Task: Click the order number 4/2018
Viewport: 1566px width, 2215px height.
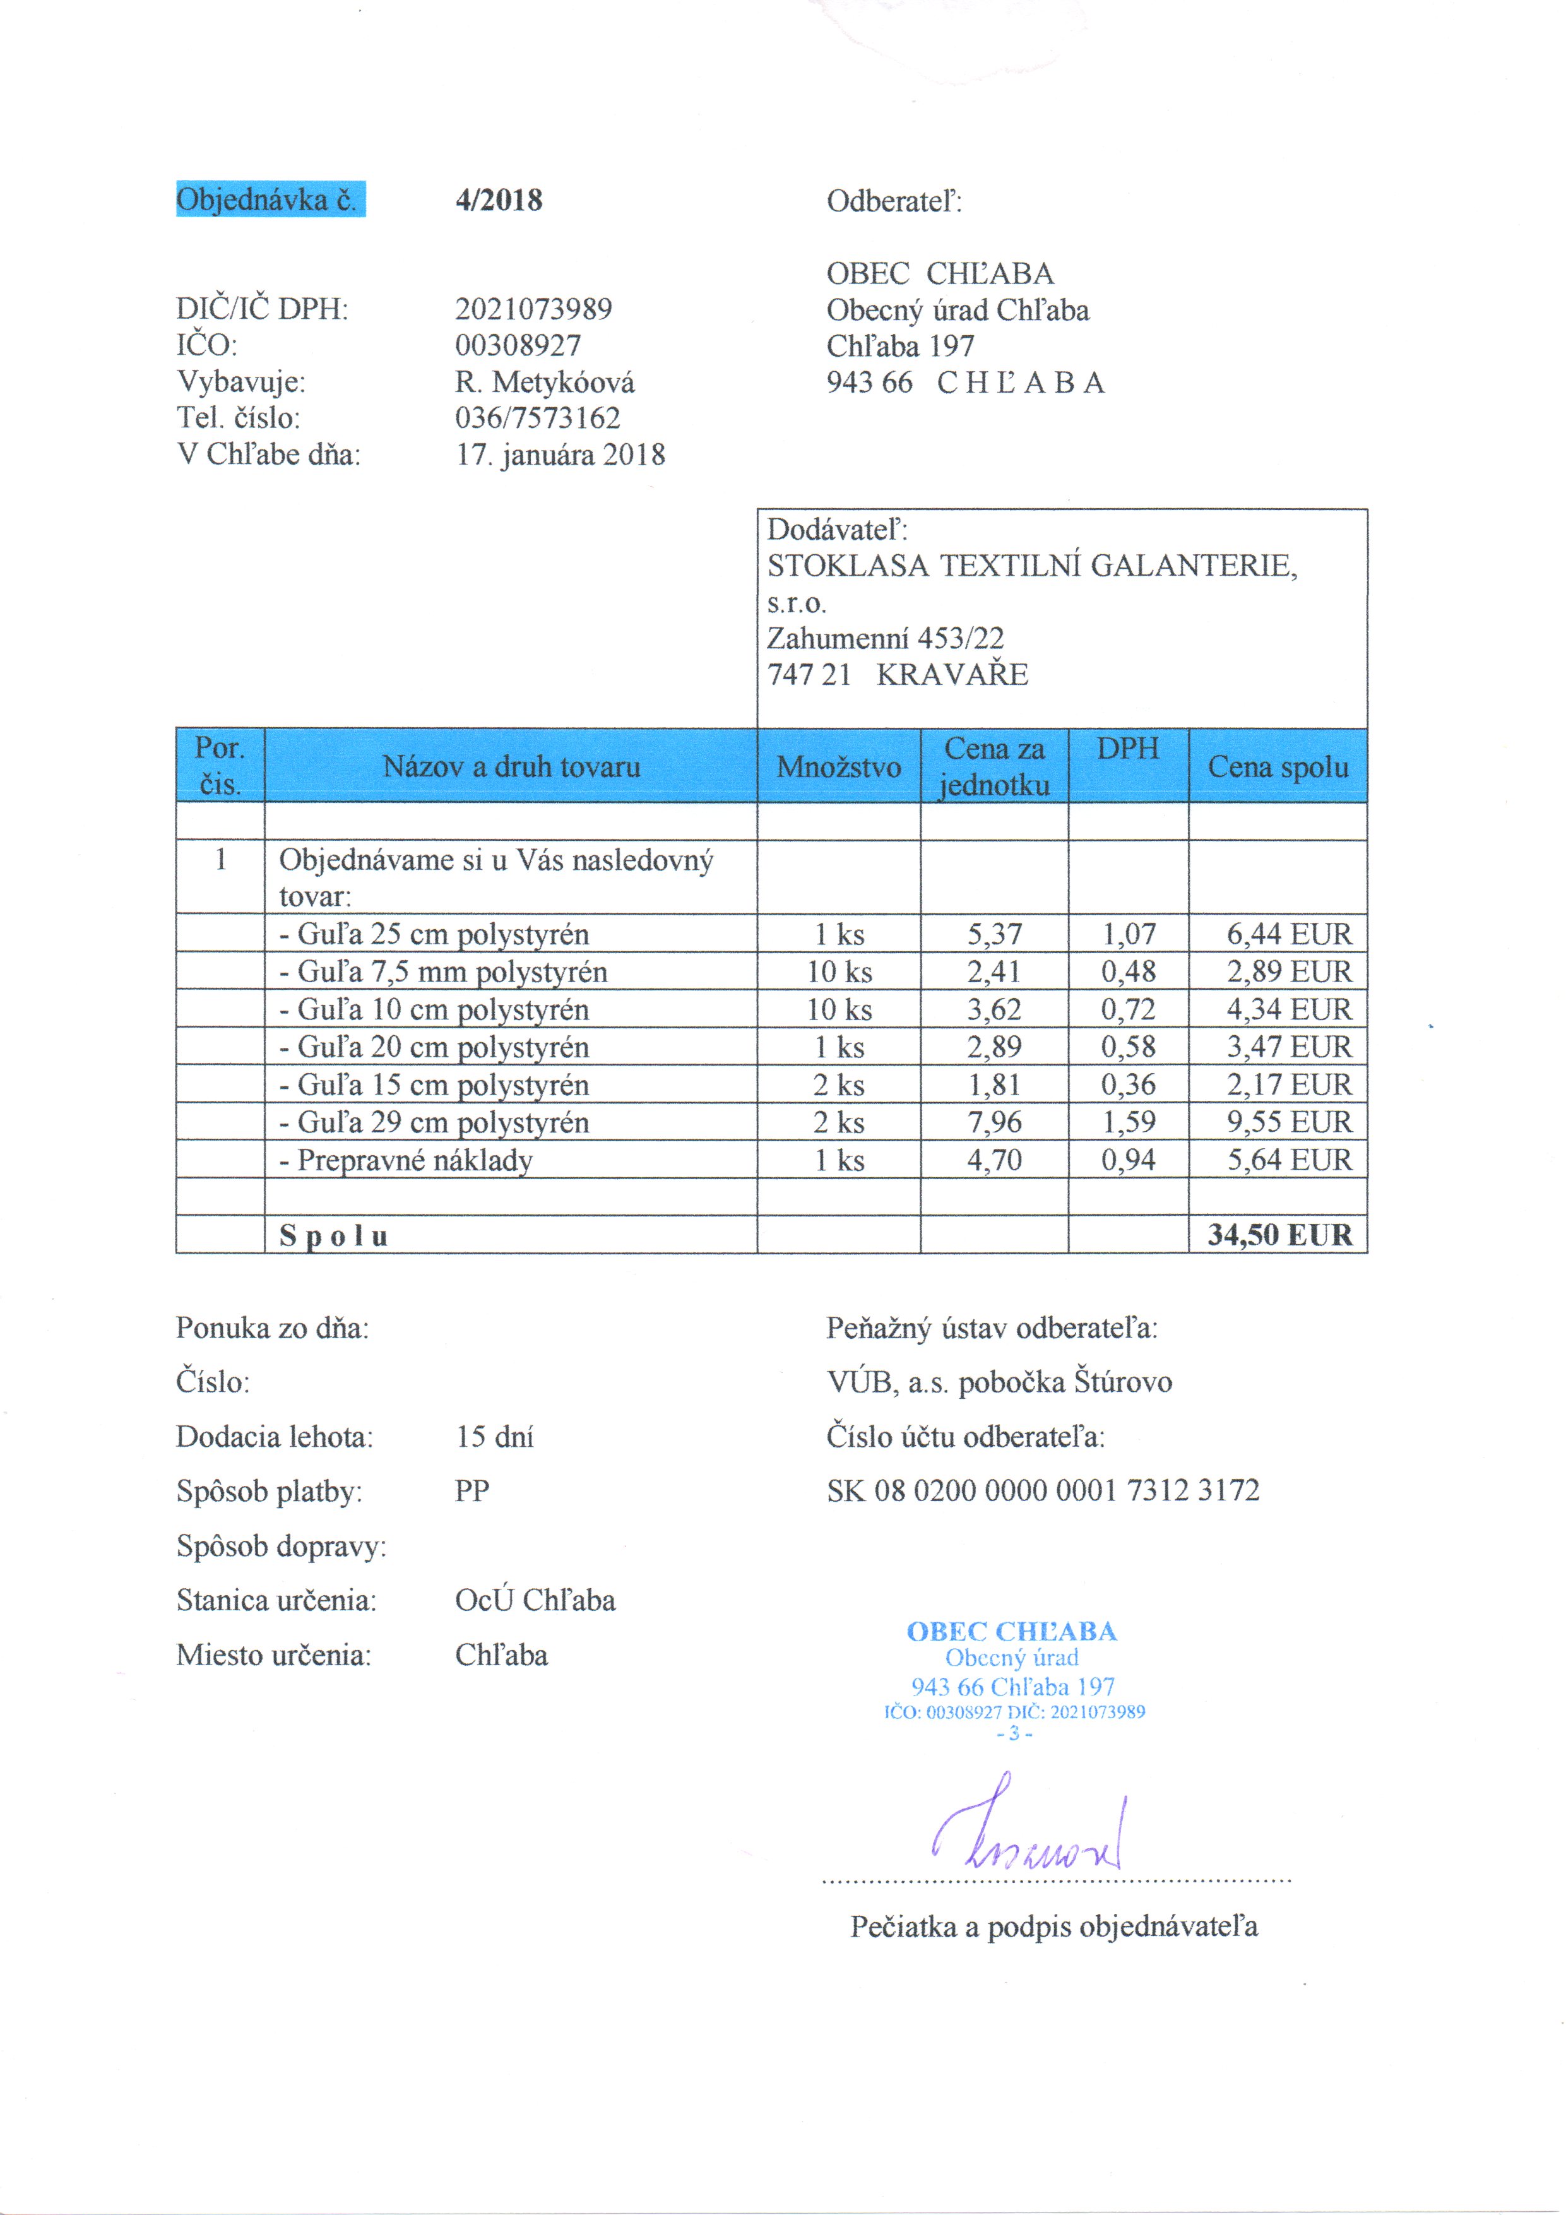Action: (498, 201)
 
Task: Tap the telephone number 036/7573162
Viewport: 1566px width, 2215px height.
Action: (537, 418)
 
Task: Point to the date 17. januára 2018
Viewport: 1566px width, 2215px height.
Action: (561, 454)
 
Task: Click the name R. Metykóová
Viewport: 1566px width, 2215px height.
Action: (544, 382)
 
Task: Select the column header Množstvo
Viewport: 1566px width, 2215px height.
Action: (838, 767)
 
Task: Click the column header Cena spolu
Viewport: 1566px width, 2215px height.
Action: (1278, 767)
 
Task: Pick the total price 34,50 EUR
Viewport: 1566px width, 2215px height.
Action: (1279, 1235)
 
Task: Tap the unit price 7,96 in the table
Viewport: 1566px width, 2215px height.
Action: (994, 1122)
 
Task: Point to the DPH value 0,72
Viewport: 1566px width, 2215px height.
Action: (1128, 1009)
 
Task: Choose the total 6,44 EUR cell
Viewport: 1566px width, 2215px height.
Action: (1288, 934)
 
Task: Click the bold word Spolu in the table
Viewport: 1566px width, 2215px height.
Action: (334, 1236)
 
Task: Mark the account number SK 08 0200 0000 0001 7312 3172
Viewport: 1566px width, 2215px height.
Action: (1042, 1490)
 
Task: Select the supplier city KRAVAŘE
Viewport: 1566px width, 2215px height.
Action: (952, 674)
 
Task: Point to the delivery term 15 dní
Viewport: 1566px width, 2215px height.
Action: (494, 1437)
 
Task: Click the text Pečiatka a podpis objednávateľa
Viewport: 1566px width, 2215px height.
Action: (1053, 1927)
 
